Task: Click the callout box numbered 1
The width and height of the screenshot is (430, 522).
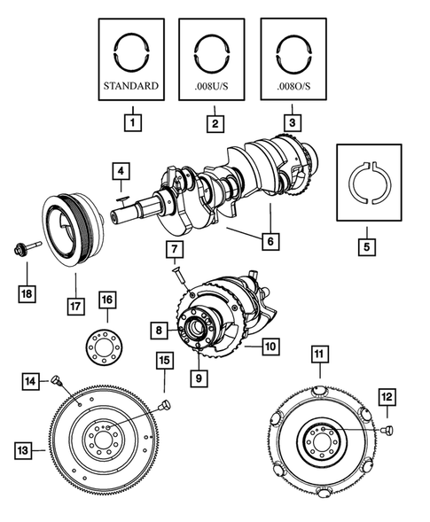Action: point(131,122)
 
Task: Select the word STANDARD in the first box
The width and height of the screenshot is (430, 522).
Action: point(131,88)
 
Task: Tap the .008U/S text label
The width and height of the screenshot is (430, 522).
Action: point(213,88)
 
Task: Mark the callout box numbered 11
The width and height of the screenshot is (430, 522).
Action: point(318,357)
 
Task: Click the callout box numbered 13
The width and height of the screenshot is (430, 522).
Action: point(26,451)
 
